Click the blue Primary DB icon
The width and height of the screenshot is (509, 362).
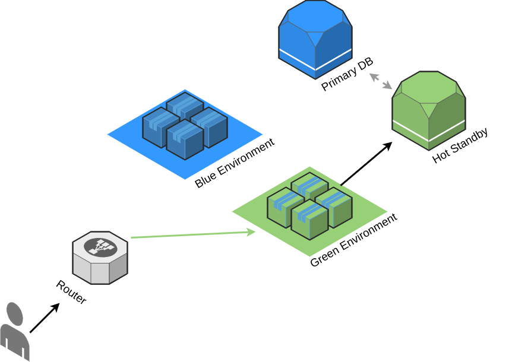coord(315,39)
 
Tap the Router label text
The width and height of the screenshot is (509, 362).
coord(71,291)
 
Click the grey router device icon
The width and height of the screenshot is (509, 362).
coord(100,258)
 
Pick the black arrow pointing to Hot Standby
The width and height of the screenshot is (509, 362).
coord(366,164)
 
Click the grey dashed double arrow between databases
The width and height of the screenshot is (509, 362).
coord(381,81)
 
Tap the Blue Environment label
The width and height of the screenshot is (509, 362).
coord(235,163)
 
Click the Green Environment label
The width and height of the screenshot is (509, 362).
coord(353,240)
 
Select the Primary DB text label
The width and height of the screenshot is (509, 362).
coord(347,74)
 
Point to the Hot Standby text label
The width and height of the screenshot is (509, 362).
coord(460,145)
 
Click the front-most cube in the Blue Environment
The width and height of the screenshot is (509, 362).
coord(185,140)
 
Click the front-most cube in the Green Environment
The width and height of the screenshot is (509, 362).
coord(309,220)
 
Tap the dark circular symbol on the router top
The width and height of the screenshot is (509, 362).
coord(99,247)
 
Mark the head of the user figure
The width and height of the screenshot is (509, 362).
coord(15,313)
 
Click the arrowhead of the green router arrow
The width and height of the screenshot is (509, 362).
coord(252,232)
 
